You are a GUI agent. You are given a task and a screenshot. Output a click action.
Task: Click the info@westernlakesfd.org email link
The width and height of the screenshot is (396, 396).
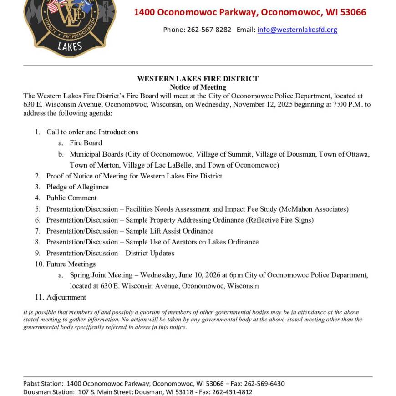point(297,30)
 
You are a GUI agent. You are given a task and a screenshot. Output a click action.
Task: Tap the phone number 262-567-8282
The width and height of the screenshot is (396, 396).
point(209,30)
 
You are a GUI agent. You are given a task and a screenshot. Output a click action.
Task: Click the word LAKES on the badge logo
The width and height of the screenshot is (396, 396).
point(70,46)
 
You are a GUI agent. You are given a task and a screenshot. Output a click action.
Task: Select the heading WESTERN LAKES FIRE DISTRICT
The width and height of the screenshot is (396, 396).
point(198,79)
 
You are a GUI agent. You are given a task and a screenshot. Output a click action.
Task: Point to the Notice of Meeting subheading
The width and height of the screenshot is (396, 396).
point(198,87)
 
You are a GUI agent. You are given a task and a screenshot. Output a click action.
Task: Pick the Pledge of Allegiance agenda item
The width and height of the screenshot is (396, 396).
point(77,187)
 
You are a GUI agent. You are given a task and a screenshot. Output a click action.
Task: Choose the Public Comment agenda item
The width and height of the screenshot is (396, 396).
point(71,198)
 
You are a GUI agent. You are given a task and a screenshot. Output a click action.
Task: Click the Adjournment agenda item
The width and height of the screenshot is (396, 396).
point(66,297)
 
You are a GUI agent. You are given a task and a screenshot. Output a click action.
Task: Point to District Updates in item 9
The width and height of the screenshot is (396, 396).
point(150,253)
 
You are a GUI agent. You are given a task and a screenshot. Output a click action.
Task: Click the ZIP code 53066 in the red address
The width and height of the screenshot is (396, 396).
point(351,12)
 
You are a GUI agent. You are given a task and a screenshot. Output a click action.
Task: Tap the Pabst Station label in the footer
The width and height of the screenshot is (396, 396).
point(43,384)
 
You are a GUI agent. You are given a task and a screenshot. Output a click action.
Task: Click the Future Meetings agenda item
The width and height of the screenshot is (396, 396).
point(71,264)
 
